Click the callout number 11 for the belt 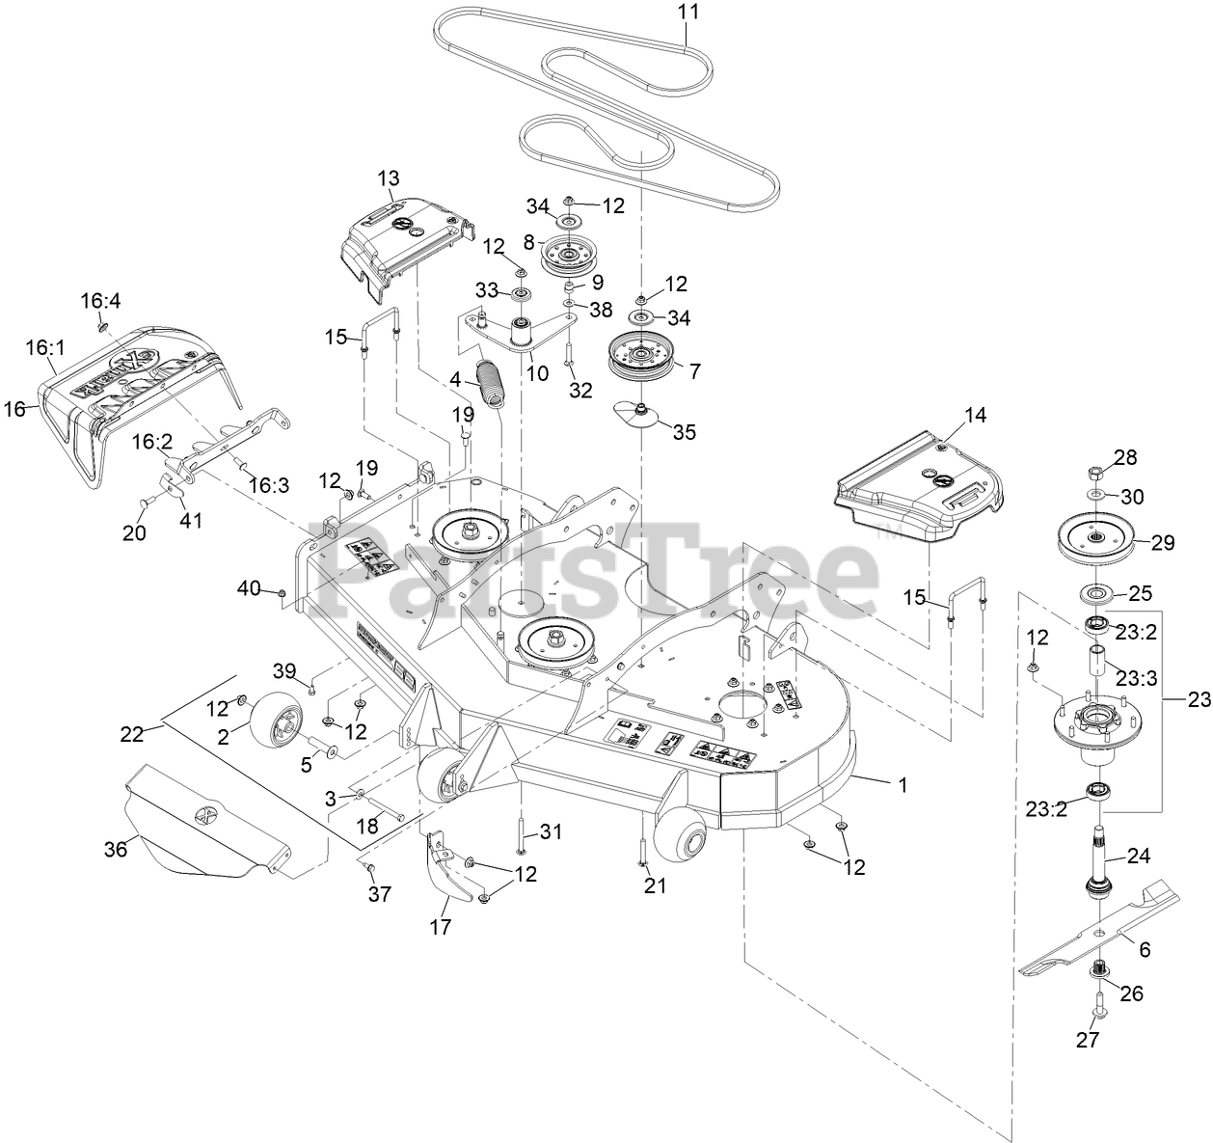(x=685, y=12)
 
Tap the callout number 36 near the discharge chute (x=116, y=849)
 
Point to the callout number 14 (x=975, y=416)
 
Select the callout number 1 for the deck (x=903, y=785)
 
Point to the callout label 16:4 (x=100, y=301)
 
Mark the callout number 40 (x=249, y=587)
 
